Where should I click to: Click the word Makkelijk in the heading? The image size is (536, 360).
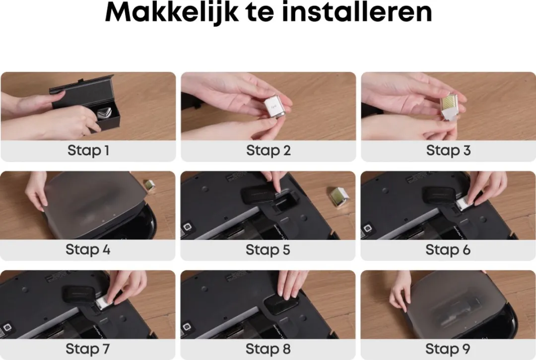click(172, 12)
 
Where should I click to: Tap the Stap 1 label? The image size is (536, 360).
click(88, 150)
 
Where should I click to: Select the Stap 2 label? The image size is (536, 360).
click(268, 150)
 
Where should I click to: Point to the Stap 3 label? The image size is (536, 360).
click(448, 150)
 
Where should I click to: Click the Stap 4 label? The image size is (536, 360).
click(88, 249)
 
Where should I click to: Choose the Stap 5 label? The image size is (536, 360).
click(268, 250)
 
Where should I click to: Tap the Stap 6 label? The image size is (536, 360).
click(448, 250)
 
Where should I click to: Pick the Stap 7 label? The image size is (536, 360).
click(87, 349)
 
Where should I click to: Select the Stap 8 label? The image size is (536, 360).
click(268, 349)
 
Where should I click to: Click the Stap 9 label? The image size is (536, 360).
click(448, 349)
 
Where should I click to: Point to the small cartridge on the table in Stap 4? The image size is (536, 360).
click(149, 185)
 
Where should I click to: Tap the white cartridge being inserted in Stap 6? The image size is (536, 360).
click(465, 203)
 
